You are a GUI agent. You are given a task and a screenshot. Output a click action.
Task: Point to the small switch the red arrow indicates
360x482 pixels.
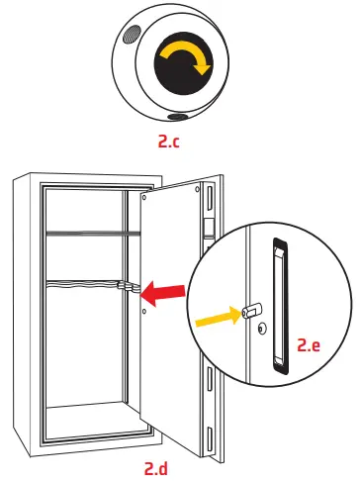pos(127,287)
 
